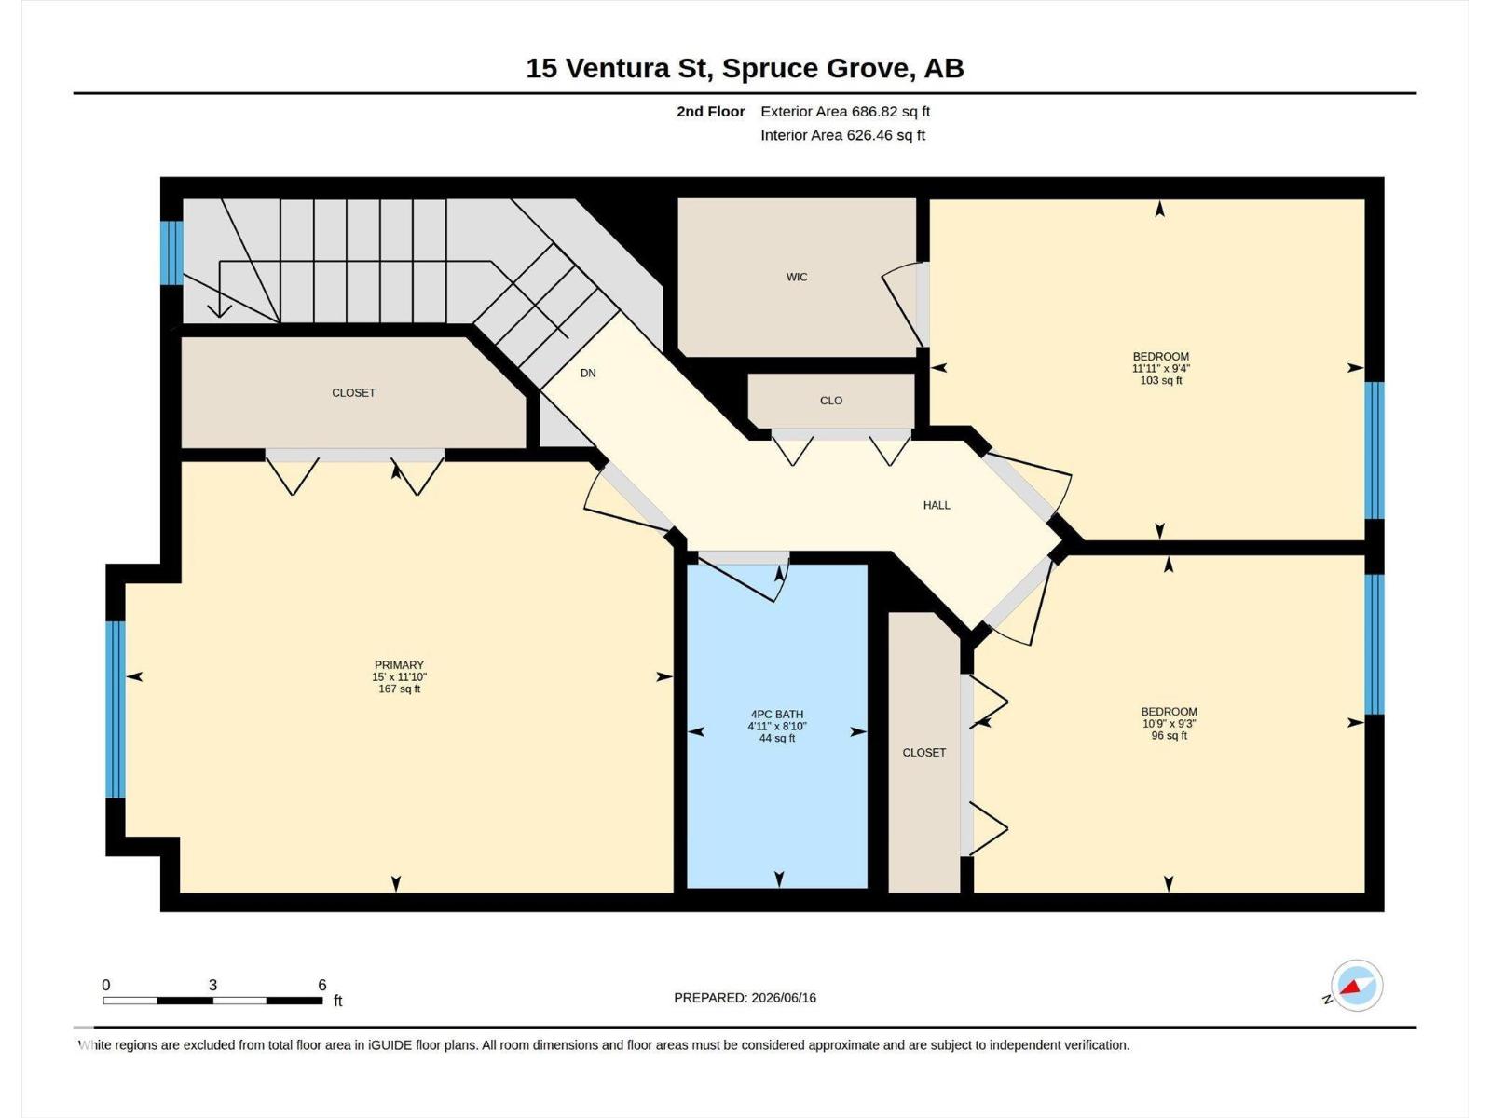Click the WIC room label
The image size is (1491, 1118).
pos(797,277)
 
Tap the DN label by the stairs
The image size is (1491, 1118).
pos(588,374)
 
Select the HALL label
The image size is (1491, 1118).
pos(937,505)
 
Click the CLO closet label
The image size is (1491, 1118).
pos(831,401)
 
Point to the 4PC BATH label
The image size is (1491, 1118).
pos(777,714)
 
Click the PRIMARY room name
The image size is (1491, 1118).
pos(400,665)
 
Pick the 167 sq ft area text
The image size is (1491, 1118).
pos(400,689)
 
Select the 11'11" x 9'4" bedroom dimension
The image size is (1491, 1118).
pos(1161,369)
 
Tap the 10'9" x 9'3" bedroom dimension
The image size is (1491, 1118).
pos(1169,724)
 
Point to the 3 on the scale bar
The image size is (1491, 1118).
pos(212,985)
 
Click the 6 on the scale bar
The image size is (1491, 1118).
pos(322,985)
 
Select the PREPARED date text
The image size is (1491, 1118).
pos(745,998)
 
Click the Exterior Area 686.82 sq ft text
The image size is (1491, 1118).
pos(845,111)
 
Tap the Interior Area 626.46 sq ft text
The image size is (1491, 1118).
pos(843,135)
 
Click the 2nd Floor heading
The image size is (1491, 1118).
pos(710,111)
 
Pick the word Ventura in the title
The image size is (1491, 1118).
pos(618,69)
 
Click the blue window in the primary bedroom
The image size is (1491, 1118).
pos(116,709)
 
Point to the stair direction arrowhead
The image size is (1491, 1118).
pos(219,309)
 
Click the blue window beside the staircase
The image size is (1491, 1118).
pos(171,252)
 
